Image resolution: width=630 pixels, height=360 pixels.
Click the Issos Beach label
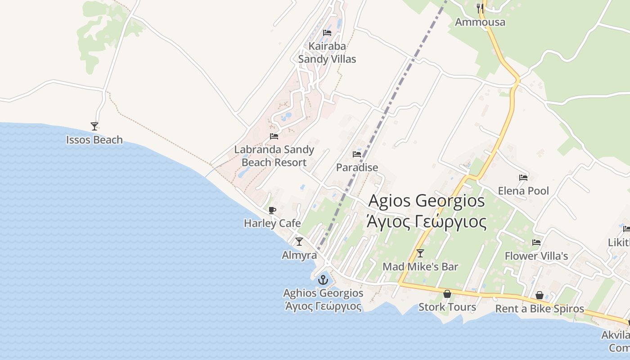click(94, 140)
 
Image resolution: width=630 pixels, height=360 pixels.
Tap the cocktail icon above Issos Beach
click(94, 126)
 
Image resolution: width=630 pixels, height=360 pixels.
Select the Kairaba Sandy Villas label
click(327, 53)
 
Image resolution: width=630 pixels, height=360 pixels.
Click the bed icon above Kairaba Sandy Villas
click(327, 33)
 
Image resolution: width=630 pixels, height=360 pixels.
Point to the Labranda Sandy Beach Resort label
click(274, 156)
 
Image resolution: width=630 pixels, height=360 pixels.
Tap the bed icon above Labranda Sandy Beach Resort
click(274, 136)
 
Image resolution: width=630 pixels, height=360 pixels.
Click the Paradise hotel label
click(357, 167)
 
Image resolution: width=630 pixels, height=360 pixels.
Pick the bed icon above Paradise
click(357, 154)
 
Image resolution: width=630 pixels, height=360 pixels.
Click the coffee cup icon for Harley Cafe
click(272, 210)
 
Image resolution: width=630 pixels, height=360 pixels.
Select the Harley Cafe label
click(272, 223)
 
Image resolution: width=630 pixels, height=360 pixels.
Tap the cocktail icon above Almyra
click(299, 242)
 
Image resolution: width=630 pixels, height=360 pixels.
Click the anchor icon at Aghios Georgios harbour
click(323, 280)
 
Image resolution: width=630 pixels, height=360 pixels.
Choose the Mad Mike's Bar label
click(420, 267)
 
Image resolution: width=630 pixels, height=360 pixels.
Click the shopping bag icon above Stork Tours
click(447, 294)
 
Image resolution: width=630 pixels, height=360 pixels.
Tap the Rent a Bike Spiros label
click(540, 309)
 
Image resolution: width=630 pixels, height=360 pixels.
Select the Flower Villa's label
click(536, 256)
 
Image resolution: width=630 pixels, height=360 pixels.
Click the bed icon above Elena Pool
click(523, 178)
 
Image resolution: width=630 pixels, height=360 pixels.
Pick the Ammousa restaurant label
click(480, 22)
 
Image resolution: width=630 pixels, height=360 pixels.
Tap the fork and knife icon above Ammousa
click(480, 8)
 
